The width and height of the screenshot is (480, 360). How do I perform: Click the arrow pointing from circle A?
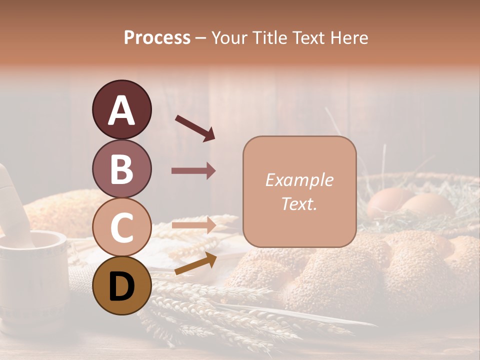(195, 127)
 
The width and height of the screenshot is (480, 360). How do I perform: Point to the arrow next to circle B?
(193, 171)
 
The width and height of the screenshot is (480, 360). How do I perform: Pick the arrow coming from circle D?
(195, 263)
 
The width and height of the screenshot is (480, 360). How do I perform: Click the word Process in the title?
(157, 37)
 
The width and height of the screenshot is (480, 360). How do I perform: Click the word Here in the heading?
(350, 37)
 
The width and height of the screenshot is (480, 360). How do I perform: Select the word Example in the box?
(299, 180)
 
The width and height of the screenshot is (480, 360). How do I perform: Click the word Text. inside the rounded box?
(299, 203)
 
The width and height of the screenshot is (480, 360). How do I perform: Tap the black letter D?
(121, 287)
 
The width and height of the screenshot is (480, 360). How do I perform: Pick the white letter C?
(121, 228)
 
